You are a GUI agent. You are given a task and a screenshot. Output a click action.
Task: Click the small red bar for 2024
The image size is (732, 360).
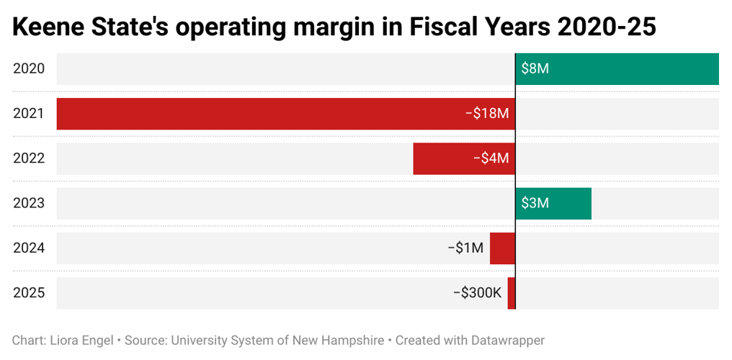pos(502,248)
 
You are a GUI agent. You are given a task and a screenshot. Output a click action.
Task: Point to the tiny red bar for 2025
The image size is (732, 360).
pos(512,293)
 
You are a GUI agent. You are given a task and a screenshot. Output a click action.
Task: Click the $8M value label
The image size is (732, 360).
pos(535,69)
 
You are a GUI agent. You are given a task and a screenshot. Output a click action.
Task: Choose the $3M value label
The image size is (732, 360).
pos(535,203)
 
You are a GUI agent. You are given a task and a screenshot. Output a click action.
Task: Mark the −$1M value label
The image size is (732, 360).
pos(465,248)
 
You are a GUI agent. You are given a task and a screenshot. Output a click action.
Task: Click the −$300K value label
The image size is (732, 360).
pos(477,293)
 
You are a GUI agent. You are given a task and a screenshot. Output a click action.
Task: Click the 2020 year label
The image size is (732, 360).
pos(29,69)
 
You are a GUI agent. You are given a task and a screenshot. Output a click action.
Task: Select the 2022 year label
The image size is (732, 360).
pos(29,158)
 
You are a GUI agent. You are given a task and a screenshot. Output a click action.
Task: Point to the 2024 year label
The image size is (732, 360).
pos(29,248)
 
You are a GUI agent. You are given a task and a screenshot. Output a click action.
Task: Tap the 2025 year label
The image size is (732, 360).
pos(29,293)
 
